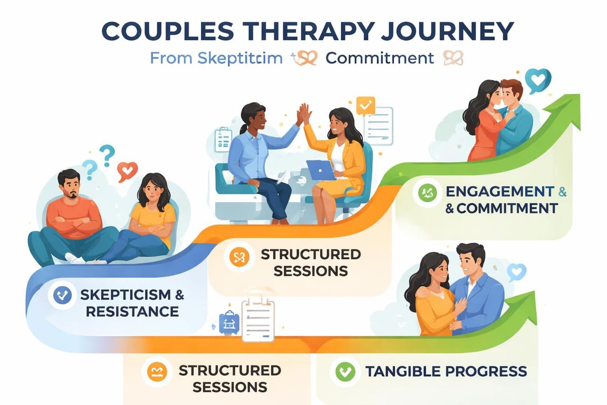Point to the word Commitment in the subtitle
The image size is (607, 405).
point(379,58)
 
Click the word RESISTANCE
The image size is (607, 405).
point(132,310)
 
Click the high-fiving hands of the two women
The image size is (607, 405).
point(304,114)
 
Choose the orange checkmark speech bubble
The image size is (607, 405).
point(364,105)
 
